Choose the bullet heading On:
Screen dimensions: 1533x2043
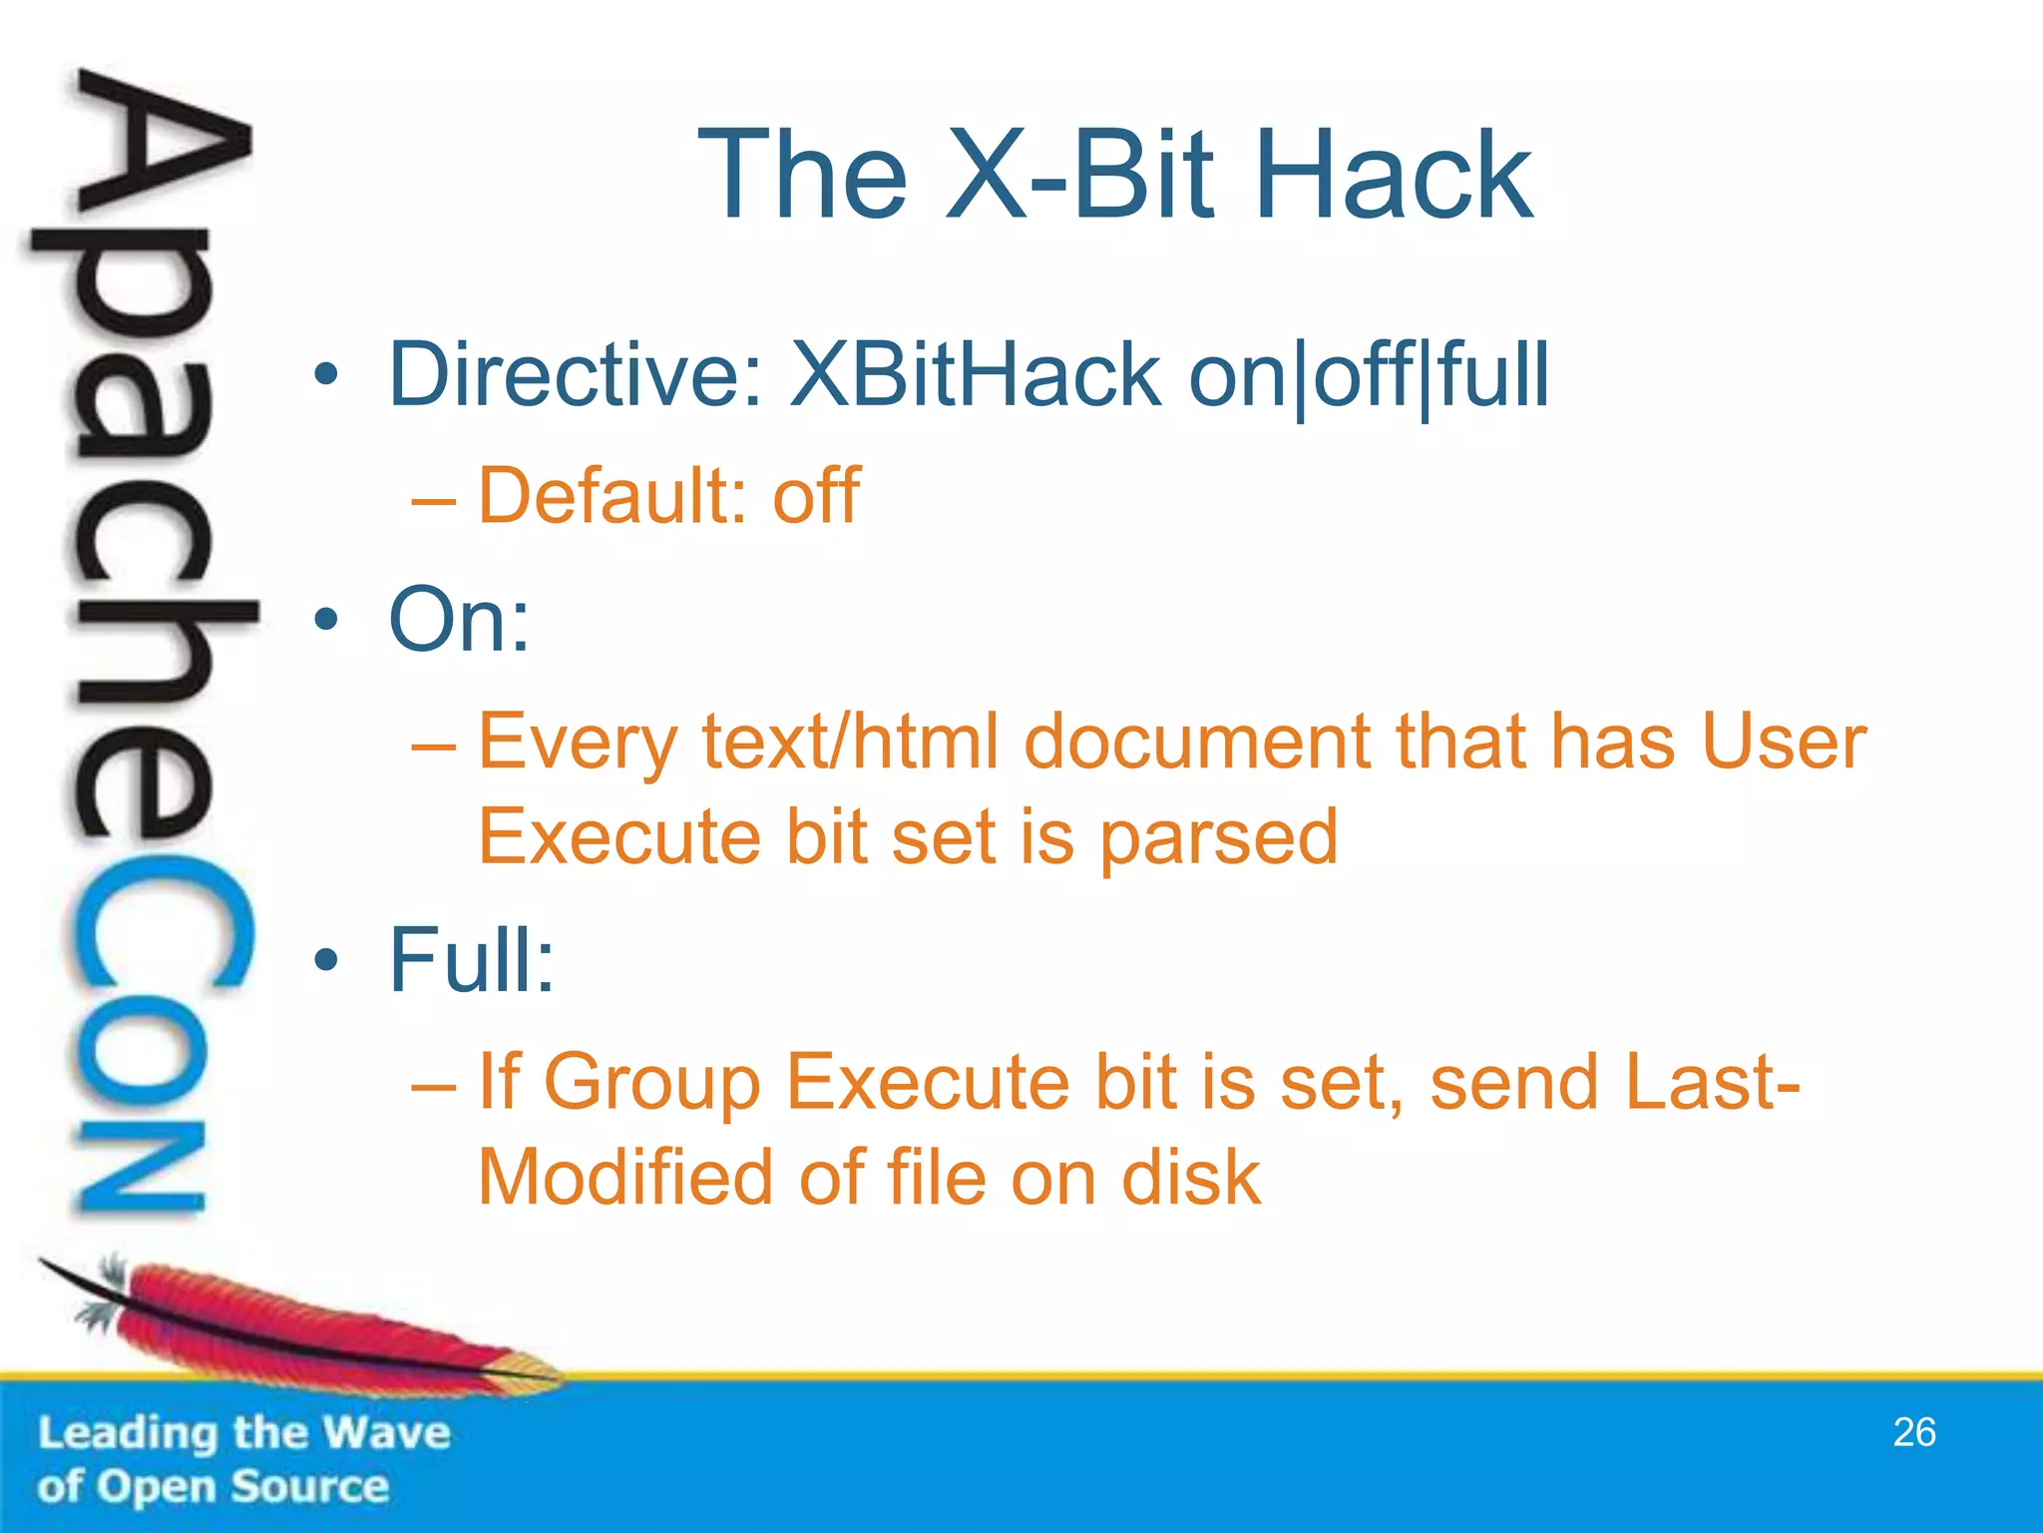coord(459,620)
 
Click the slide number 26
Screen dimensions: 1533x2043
coord(1913,1432)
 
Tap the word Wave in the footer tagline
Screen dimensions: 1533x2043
coord(388,1433)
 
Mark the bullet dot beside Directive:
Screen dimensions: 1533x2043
coord(325,376)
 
